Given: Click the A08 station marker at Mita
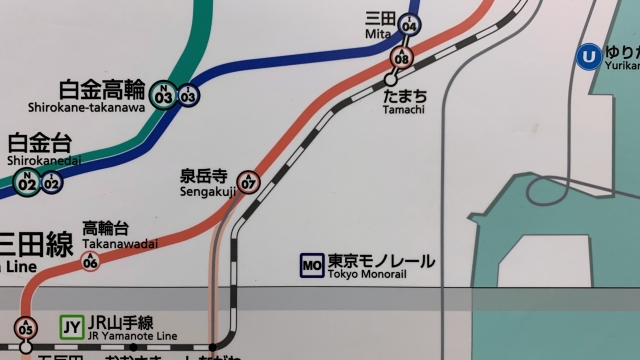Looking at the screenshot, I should pyautogui.click(x=402, y=57).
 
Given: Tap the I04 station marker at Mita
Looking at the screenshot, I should pyautogui.click(x=408, y=26).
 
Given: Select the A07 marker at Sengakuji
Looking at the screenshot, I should pyautogui.click(x=249, y=182).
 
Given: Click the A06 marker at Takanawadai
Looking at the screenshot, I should pyautogui.click(x=91, y=261).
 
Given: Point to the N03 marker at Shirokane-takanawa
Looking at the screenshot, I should pyautogui.click(x=164, y=95).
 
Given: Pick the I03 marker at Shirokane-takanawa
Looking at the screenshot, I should pyautogui.click(x=188, y=95).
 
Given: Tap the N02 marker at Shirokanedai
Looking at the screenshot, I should pyautogui.click(x=28, y=182).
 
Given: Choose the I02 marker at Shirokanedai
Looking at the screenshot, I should pyautogui.click(x=51, y=182).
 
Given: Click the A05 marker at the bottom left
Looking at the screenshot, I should pyautogui.click(x=26, y=328).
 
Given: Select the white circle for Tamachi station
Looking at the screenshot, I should pyautogui.click(x=391, y=78).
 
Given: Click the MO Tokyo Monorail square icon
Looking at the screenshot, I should pyautogui.click(x=312, y=265).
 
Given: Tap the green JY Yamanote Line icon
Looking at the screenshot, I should pyautogui.click(x=71, y=326).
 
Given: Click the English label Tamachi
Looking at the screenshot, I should pyautogui.click(x=404, y=109).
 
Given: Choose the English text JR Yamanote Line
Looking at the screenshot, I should pyautogui.click(x=121, y=336).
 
